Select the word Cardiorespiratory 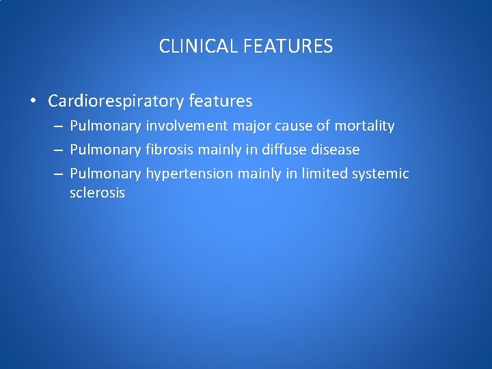click(x=116, y=102)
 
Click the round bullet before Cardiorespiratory click(x=33, y=102)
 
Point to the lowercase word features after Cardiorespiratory click(x=221, y=102)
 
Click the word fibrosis click(x=169, y=150)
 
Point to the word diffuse click(x=284, y=150)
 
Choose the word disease click(x=334, y=150)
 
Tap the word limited click(x=324, y=174)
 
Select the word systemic click(x=380, y=174)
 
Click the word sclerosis click(x=97, y=193)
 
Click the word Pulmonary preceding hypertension click(x=105, y=174)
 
